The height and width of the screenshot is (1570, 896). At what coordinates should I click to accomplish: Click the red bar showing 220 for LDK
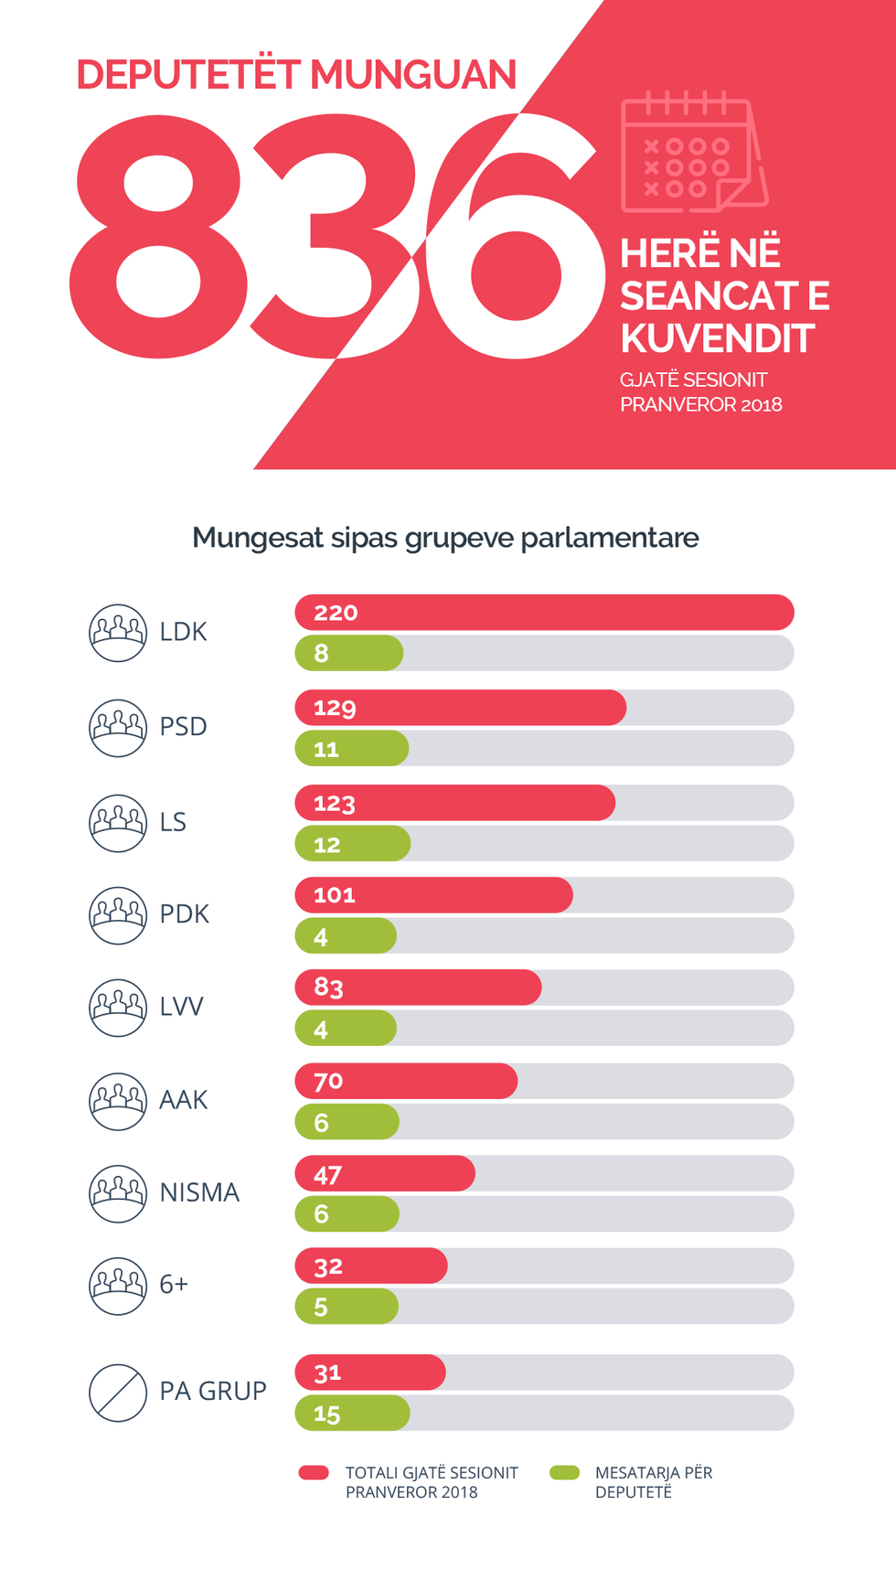(x=544, y=613)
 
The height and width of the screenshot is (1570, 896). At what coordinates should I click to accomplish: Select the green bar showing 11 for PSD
(x=351, y=749)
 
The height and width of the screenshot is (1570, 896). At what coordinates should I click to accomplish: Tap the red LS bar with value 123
(x=454, y=803)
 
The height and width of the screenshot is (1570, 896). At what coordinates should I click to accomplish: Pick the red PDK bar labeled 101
(x=433, y=895)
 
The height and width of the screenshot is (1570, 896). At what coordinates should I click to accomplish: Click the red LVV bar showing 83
(x=418, y=988)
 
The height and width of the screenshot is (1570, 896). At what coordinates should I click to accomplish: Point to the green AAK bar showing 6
(x=347, y=1122)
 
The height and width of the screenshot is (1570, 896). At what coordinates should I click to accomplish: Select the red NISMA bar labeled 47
(x=384, y=1174)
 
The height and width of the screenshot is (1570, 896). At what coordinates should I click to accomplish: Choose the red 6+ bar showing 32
(x=370, y=1266)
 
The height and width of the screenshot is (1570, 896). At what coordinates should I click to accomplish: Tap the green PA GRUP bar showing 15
(x=352, y=1414)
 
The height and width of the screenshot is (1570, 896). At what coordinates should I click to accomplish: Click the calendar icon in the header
(x=693, y=153)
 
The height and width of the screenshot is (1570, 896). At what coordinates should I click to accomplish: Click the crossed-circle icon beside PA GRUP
(x=118, y=1393)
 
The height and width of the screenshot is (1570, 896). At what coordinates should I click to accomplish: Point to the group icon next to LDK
(x=118, y=633)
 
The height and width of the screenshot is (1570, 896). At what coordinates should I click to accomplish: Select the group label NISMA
(x=199, y=1192)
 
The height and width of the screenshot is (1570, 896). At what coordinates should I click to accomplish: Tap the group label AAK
(x=184, y=1099)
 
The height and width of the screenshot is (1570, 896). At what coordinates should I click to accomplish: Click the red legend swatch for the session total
(x=314, y=1472)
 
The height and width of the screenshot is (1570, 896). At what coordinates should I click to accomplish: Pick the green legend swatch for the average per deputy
(x=564, y=1472)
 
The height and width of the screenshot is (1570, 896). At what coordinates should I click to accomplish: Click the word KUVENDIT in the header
(x=717, y=338)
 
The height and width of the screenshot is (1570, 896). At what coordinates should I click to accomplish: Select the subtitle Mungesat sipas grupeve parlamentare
(x=445, y=538)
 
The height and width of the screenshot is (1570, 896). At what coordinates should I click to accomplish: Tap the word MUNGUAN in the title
(x=413, y=75)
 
